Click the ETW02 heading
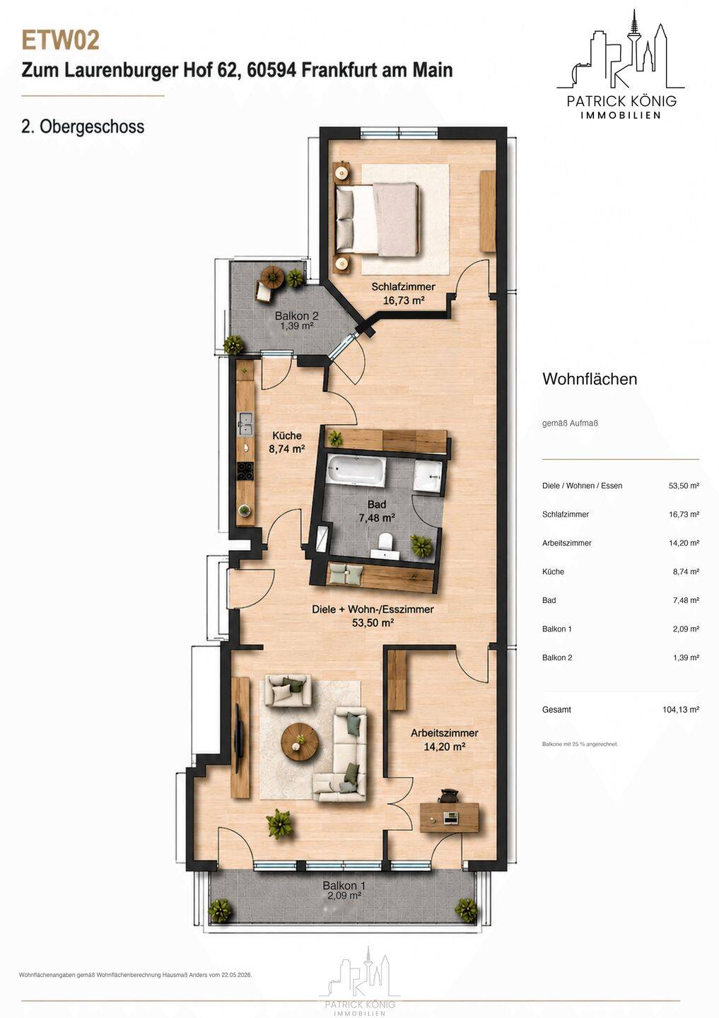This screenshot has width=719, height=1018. (61, 41)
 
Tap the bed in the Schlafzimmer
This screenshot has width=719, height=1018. (377, 219)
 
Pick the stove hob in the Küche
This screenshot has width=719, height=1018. (245, 471)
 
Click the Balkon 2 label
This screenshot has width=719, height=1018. (296, 316)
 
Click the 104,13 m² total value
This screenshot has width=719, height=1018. (681, 710)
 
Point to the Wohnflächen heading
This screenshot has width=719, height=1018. (590, 379)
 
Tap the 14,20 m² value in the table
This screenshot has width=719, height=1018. (684, 543)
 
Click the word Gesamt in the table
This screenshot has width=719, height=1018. (557, 710)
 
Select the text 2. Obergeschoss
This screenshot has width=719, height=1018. (83, 127)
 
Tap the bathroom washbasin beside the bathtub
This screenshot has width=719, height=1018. (427, 476)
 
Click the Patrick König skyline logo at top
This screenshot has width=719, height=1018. (621, 64)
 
